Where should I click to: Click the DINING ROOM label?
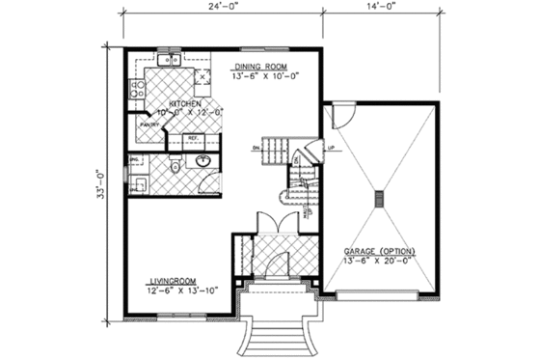click(x=261, y=67)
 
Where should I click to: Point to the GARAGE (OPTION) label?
click(x=379, y=250)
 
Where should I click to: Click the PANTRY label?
click(x=148, y=124)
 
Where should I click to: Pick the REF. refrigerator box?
click(x=192, y=139)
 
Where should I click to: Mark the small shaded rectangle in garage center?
click(x=378, y=199)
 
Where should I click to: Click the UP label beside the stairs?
click(x=332, y=148)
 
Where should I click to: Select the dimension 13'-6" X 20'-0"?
click(x=379, y=261)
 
